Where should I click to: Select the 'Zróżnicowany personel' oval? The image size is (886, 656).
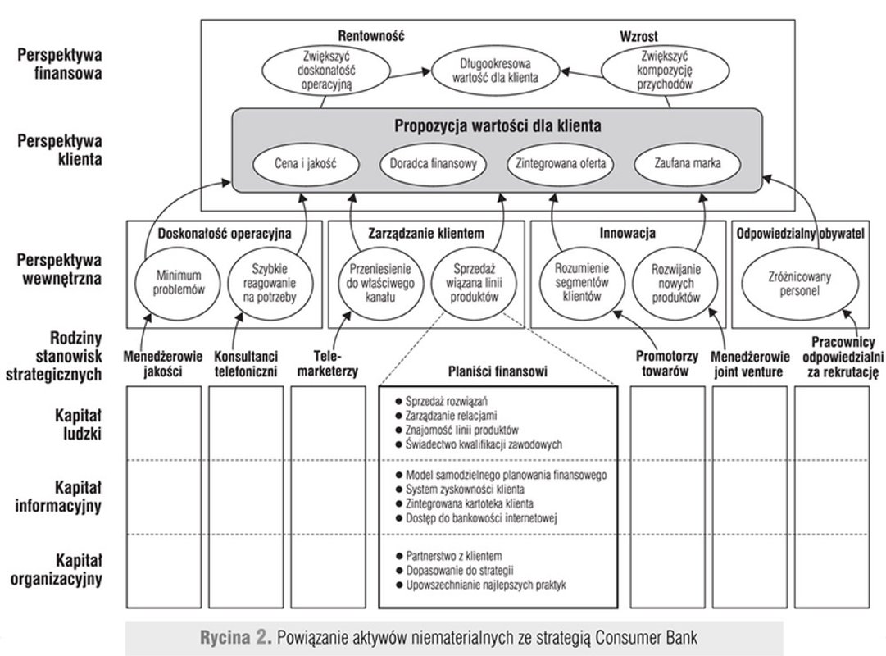click(793, 284)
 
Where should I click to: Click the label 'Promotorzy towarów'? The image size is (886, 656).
click(666, 364)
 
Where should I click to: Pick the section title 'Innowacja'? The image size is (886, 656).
click(627, 232)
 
